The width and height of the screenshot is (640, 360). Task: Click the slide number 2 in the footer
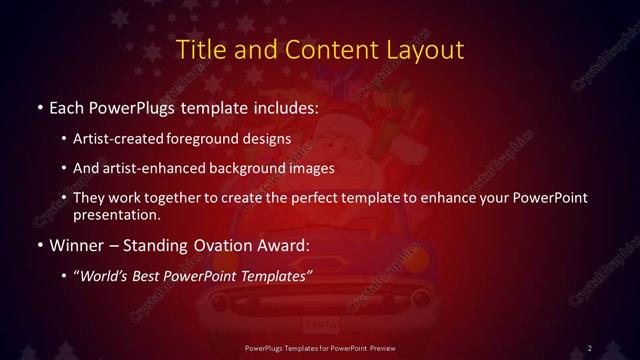coord(589,347)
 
